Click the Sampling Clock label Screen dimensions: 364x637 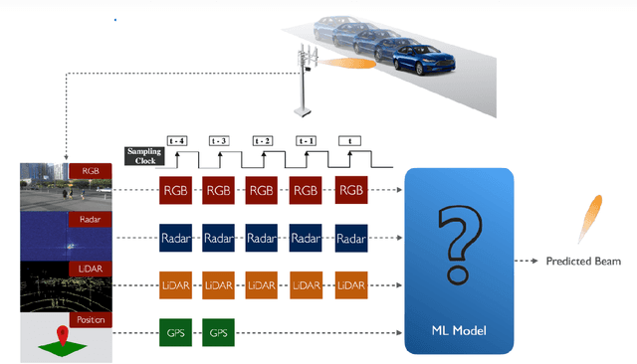point(143,155)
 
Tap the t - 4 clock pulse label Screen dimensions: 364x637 point(179,142)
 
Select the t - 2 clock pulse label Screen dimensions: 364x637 point(264,142)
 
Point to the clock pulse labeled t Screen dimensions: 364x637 point(350,142)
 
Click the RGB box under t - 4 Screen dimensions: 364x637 point(175,188)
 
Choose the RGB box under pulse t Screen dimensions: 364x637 point(351,188)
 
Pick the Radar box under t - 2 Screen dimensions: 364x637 point(262,238)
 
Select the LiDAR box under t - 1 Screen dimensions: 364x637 point(307,285)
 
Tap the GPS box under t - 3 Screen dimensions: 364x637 point(219,332)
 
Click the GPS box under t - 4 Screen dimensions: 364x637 point(175,332)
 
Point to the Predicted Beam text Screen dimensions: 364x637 point(582,262)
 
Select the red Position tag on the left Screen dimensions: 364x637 point(89,320)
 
